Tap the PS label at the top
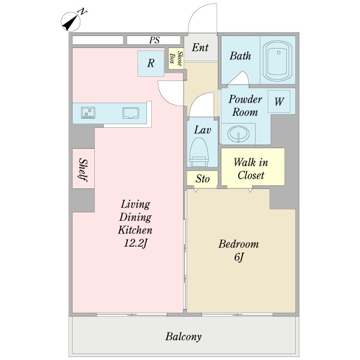tap(154, 40)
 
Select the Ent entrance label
tap(200, 47)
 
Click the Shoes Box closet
tap(176, 59)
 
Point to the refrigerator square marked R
tap(151, 64)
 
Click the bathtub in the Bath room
tap(277, 61)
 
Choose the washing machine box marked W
tap(279, 101)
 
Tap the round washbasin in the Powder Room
tap(238, 133)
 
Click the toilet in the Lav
tap(199, 152)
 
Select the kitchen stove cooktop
tap(88, 113)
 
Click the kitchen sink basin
tap(131, 113)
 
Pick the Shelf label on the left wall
tap(83, 169)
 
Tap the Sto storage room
tap(202, 178)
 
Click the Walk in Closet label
tap(251, 169)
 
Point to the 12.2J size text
tap(135, 244)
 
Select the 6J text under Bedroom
tap(239, 257)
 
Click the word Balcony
tap(184, 337)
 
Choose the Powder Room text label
tap(245, 106)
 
